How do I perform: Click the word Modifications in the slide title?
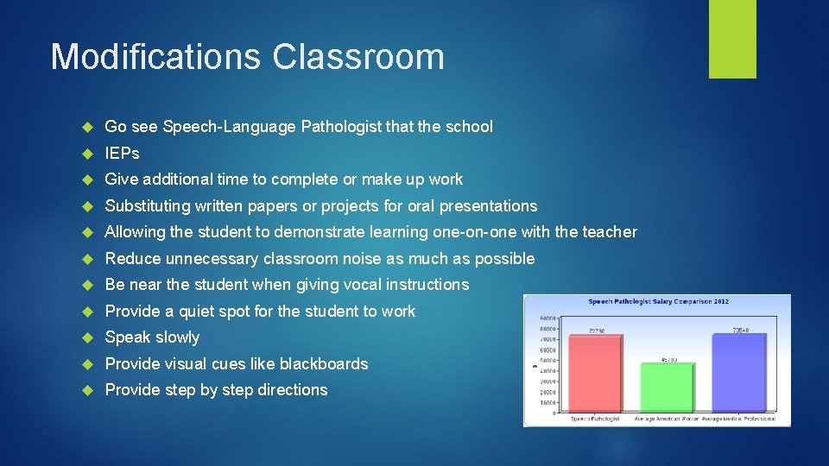[x=156, y=57]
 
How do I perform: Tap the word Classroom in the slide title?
[x=358, y=57]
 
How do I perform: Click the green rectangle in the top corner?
[x=732, y=39]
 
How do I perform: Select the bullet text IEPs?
[x=122, y=153]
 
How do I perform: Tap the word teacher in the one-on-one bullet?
[x=610, y=232]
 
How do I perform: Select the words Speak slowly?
[x=152, y=337]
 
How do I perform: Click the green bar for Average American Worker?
[x=667, y=387]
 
